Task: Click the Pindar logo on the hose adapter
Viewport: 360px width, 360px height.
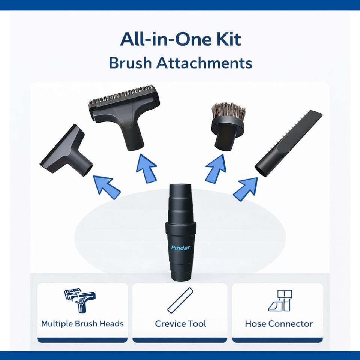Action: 180,247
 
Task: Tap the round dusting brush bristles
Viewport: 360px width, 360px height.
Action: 228,112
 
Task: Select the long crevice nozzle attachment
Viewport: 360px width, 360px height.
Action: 289,143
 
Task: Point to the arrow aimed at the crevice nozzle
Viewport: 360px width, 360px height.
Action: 246,189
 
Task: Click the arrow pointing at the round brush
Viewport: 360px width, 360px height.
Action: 216,169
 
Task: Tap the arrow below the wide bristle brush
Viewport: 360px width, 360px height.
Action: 146,168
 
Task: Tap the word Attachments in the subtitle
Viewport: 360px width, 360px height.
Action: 204,63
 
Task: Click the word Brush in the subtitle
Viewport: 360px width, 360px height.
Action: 130,63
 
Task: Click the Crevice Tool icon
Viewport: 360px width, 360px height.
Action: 180,300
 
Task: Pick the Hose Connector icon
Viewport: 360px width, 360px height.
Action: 280,300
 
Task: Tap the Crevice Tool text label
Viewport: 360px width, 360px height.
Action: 180,324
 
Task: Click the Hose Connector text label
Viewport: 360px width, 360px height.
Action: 279,324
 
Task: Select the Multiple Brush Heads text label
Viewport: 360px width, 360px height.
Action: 82,324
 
